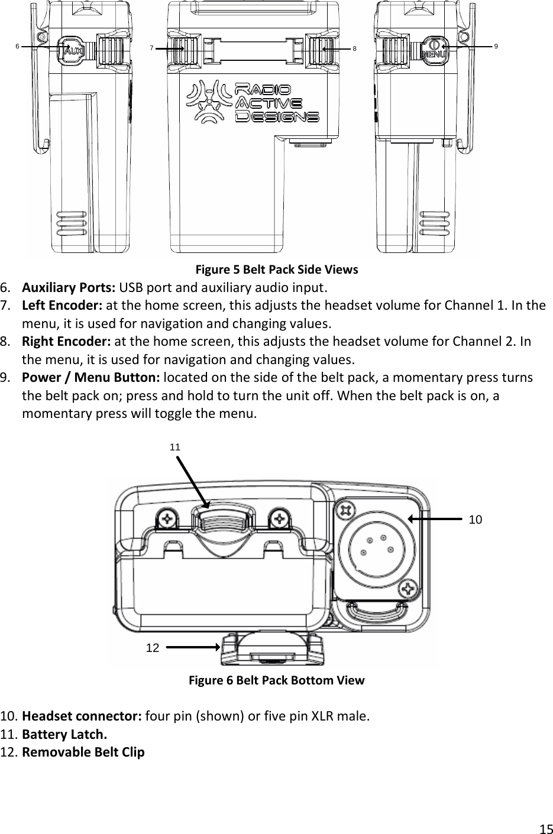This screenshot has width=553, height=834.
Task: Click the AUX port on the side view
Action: (71, 50)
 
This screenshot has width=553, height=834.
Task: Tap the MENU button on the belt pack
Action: (434, 50)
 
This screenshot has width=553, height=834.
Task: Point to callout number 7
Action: (151, 48)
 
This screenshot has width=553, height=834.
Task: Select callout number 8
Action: (354, 48)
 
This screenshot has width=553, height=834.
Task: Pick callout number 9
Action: (496, 46)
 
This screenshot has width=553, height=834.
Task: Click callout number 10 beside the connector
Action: (475, 520)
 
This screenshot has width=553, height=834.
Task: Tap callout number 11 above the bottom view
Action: (174, 447)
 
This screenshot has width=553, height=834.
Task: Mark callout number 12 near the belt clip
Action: (152, 648)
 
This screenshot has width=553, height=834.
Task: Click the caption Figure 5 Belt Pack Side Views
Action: (277, 270)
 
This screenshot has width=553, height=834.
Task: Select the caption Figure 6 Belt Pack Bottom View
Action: (276, 680)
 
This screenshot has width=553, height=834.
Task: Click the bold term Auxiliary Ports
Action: (69, 288)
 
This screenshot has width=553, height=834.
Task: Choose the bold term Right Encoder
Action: (66, 342)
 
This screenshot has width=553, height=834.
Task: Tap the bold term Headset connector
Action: (81, 717)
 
